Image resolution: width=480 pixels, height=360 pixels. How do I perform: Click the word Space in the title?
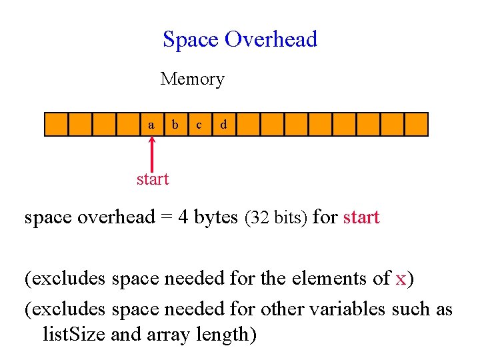[191, 40]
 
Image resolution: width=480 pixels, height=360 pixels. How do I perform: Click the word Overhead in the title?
[271, 40]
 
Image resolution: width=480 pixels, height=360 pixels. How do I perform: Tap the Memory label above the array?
[192, 79]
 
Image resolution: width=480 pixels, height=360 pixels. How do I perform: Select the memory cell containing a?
[152, 125]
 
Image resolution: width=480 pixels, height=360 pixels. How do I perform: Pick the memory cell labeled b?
[175, 125]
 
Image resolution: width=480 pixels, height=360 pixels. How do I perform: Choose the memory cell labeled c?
[199, 125]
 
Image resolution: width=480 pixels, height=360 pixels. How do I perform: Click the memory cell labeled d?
[223, 125]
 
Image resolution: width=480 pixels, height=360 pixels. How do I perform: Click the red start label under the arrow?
[153, 179]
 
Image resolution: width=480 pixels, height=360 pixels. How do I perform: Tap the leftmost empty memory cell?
[56, 125]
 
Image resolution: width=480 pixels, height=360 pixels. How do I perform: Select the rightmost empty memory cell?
[416, 125]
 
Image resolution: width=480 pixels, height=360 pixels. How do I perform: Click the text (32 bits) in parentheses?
[276, 218]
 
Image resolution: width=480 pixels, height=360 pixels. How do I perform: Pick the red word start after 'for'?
[361, 217]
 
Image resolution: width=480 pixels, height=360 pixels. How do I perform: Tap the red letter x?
[400, 279]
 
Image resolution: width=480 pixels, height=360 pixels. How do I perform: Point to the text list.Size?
[73, 333]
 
